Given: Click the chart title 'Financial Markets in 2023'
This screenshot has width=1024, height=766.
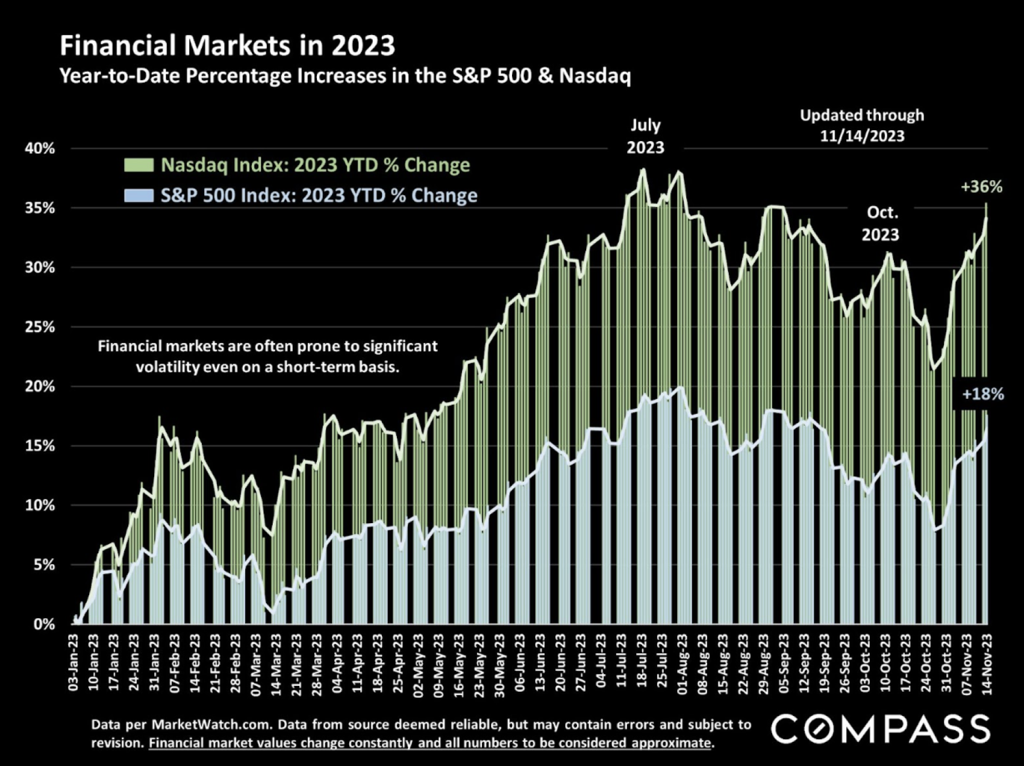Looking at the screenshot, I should click(227, 46).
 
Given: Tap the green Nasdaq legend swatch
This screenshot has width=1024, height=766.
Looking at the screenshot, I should click(139, 165).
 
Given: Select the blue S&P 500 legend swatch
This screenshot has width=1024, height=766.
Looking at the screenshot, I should click(139, 195).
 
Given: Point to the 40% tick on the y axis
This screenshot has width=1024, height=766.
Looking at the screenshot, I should click(40, 149).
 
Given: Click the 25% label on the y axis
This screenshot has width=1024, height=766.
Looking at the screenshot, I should click(40, 327).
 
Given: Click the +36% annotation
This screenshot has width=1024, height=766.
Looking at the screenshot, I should click(981, 187).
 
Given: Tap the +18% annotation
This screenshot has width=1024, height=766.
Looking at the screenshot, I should click(982, 395).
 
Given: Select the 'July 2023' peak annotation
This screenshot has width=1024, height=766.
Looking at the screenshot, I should click(645, 136).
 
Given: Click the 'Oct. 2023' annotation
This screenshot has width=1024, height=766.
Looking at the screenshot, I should click(880, 223).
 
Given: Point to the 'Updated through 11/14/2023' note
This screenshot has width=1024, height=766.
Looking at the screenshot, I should click(862, 125).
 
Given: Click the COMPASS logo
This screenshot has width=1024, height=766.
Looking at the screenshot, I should click(880, 729).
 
